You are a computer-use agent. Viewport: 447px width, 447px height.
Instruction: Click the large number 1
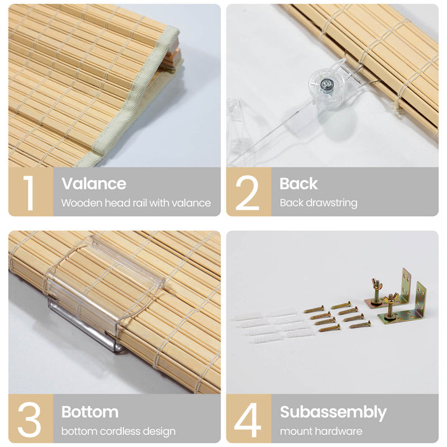(x=29, y=192)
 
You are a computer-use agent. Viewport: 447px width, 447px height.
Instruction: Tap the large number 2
(x=248, y=192)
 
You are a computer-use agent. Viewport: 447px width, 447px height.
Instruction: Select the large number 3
(x=29, y=420)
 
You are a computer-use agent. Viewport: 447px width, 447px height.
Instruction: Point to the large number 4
(x=248, y=420)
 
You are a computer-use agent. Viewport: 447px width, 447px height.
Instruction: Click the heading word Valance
(x=94, y=184)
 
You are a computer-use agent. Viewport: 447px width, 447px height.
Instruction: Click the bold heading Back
(x=299, y=184)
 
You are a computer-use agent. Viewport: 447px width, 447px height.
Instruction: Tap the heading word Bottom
(x=90, y=412)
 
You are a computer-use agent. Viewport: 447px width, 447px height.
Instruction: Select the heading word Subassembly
(x=333, y=412)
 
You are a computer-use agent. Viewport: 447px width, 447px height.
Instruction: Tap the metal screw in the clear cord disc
(x=326, y=84)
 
